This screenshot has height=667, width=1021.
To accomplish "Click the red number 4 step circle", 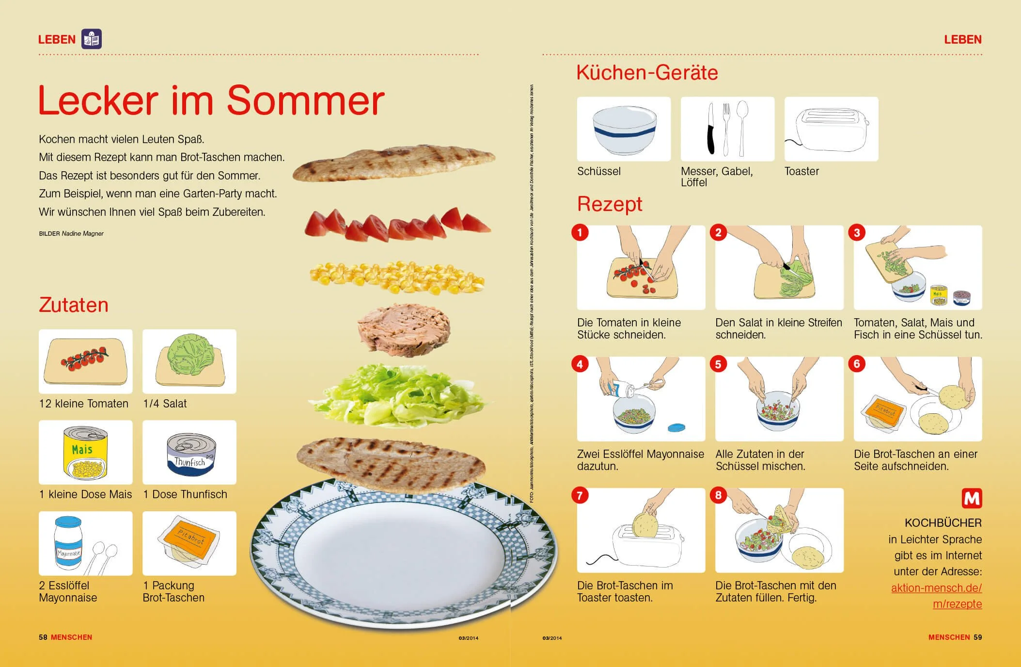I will coord(580,364).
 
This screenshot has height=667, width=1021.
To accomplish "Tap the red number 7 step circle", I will coord(580,495).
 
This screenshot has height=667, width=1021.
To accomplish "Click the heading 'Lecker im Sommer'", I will coord(211,100).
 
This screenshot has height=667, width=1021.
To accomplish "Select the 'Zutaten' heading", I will coord(74,305).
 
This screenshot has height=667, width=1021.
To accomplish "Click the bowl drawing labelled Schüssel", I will coord(624,129).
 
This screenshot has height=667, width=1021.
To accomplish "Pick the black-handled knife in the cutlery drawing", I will coord(710,129).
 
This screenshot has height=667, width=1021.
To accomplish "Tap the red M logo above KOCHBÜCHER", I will coord(972,498).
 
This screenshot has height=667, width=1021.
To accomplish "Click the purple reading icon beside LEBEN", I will coord(92,39).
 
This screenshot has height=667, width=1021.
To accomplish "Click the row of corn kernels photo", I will coord(397,277).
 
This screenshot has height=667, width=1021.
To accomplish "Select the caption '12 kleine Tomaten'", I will coord(84,404).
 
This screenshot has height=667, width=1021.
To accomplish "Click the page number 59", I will coord(977,637).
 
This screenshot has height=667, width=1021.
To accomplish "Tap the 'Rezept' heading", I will coord(609,204).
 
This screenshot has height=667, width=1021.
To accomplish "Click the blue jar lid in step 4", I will coord(676,427).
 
